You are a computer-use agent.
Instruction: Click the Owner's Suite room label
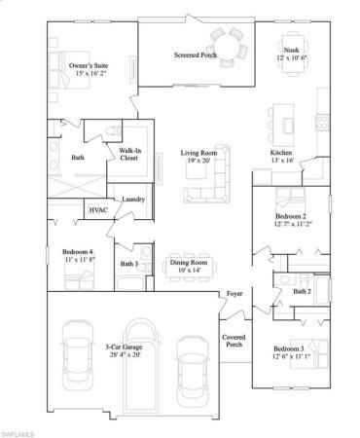pyautogui.click(x=88, y=69)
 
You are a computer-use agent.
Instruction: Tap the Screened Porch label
pyautogui.click(x=196, y=55)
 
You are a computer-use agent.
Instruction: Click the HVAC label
pyautogui.click(x=98, y=208)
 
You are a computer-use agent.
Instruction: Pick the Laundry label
pyautogui.click(x=133, y=201)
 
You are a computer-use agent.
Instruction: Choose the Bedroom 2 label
pyautogui.click(x=291, y=220)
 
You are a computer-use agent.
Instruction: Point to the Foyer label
pyautogui.click(x=234, y=293)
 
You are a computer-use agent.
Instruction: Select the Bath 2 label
pyautogui.click(x=303, y=290)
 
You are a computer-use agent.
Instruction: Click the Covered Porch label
pyautogui.click(x=234, y=341)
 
